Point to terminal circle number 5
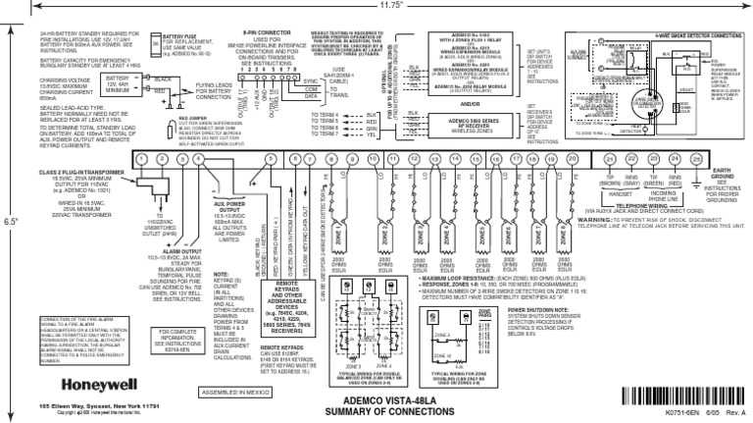[x=242, y=159]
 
